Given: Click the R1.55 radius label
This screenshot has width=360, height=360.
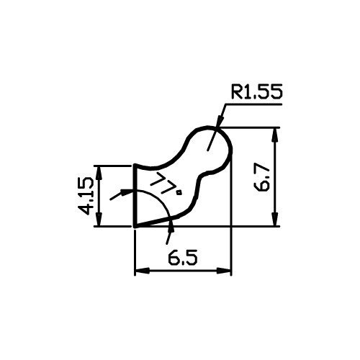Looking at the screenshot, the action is tap(256, 91).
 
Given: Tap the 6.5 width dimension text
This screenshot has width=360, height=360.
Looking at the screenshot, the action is tap(183, 258).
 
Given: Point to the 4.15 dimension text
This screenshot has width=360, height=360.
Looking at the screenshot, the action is tap(86, 196).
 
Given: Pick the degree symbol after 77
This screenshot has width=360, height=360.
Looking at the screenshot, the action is tap(179, 192).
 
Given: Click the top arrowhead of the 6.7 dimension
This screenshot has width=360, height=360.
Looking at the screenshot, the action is tap(276, 135).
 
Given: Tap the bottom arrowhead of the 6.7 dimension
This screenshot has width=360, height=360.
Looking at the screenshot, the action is tap(276, 219).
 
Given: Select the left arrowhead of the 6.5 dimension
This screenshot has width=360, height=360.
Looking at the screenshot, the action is tap(142, 271).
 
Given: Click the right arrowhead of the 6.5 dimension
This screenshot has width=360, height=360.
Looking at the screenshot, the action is tap(224, 271).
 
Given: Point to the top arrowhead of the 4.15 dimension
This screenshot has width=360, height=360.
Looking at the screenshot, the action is tap(99, 173).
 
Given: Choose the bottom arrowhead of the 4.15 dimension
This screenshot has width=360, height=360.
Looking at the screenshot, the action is tap(99, 219).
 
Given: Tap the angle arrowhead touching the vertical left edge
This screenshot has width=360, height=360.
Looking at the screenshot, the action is tap(127, 192).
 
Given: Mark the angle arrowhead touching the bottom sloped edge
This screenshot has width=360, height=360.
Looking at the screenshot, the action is tap(171, 227).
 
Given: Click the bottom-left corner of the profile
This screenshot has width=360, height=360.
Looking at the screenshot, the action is tap(135, 226).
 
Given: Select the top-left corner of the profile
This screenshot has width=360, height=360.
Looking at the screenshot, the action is tap(135, 165).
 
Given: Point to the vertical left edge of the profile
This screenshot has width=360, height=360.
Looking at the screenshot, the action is tap(135, 196).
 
